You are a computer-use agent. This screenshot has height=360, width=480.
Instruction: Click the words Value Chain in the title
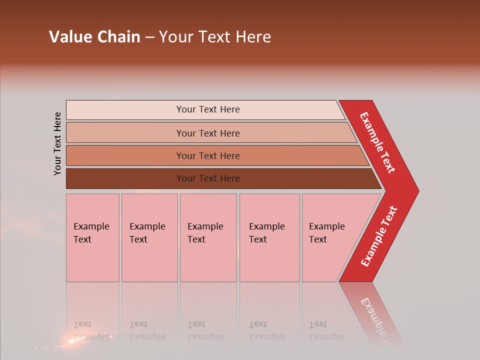pyautogui.click(x=94, y=37)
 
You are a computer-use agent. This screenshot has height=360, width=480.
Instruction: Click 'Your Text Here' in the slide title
pyautogui.click(x=215, y=37)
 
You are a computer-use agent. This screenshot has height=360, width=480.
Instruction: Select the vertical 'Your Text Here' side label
pyautogui.click(x=58, y=143)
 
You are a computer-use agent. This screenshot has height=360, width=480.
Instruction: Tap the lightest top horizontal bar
pyautogui.click(x=125, y=110)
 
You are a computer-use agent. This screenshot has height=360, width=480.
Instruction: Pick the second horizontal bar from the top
pyautogui.click(x=125, y=133)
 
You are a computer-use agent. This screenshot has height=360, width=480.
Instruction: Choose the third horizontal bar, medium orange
pyautogui.click(x=125, y=155)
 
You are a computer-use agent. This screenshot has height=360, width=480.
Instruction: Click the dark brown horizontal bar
pyautogui.click(x=125, y=178)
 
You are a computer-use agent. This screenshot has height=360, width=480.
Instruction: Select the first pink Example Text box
pyautogui.click(x=92, y=237)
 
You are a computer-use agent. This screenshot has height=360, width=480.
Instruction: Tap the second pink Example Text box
pyautogui.click(x=149, y=237)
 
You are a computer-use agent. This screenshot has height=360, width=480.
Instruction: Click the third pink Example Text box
pyautogui.click(x=208, y=237)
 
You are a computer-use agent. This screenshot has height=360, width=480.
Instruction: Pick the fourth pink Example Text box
pyautogui.click(x=269, y=237)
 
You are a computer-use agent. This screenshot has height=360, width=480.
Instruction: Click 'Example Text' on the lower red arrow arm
pyautogui.click(x=379, y=236)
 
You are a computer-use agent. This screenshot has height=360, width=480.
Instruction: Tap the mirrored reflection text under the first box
pyautogui.click(x=91, y=330)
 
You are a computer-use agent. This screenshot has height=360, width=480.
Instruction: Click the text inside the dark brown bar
pyautogui.click(x=208, y=178)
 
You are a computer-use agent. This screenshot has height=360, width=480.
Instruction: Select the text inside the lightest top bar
pyautogui.click(x=208, y=109)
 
